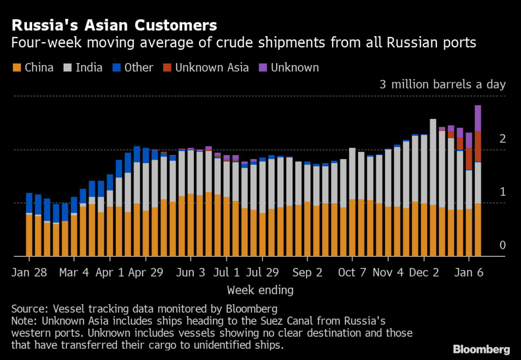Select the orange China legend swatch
click(x=16, y=68)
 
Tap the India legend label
click(x=89, y=68)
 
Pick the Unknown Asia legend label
click(x=212, y=68)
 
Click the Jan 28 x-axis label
click(x=30, y=272)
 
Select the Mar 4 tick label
click(x=74, y=272)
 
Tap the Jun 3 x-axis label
click(x=190, y=272)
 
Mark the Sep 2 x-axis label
click(x=307, y=272)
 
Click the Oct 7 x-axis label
click(x=352, y=272)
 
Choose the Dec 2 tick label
click(x=424, y=272)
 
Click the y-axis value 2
click(x=502, y=139)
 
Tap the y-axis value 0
click(x=502, y=246)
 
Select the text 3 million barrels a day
click(x=443, y=84)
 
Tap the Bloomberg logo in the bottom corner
click(x=481, y=349)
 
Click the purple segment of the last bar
click(x=478, y=118)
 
